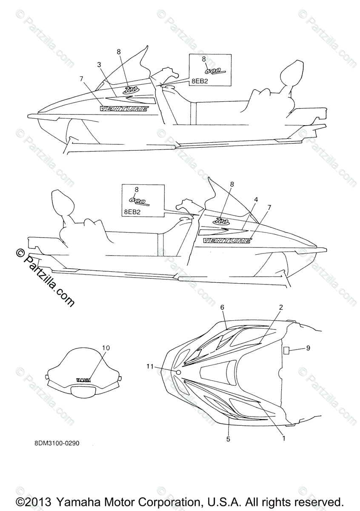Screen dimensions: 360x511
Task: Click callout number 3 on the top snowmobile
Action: pyautogui.click(x=99, y=65)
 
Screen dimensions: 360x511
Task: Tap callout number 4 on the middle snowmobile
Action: pyautogui.click(x=256, y=199)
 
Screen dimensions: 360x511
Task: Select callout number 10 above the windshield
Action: pyautogui.click(x=106, y=348)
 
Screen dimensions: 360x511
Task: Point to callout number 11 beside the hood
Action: pyautogui.click(x=149, y=366)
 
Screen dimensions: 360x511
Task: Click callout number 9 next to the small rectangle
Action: pyautogui.click(x=308, y=348)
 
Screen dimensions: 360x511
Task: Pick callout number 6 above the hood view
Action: pyautogui.click(x=222, y=307)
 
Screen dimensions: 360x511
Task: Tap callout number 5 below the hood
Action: pyautogui.click(x=228, y=439)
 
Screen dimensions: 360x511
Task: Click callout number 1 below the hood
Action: pyautogui.click(x=283, y=436)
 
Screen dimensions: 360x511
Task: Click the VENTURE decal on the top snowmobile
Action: pyautogui.click(x=124, y=109)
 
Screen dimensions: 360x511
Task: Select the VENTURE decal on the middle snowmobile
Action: pyautogui.click(x=227, y=241)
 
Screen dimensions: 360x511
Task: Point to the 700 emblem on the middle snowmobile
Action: pyautogui.click(x=222, y=221)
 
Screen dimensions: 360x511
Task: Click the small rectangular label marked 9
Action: pyautogui.click(x=286, y=350)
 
